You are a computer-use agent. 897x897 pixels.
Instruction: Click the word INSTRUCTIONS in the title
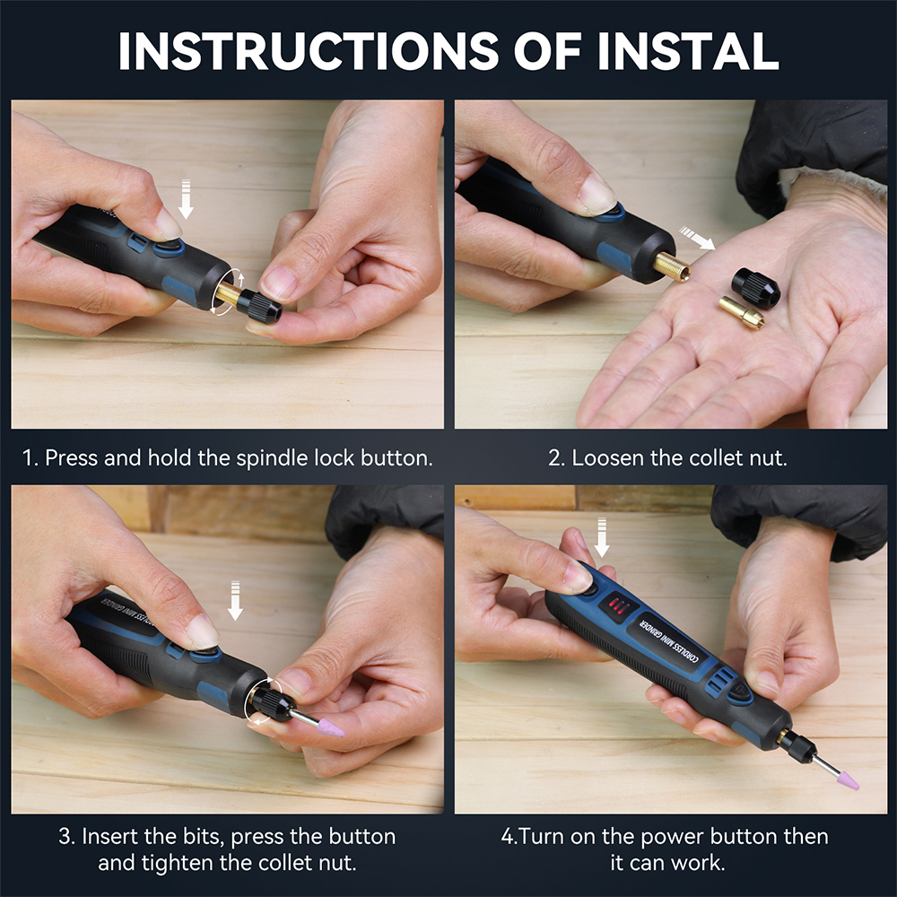point(309,51)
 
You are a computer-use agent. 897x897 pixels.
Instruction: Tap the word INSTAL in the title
point(688,51)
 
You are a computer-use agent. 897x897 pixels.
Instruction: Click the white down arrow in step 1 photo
point(186,198)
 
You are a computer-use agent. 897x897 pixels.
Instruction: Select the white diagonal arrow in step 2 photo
point(697,238)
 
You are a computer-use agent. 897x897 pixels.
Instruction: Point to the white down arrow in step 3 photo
point(235,600)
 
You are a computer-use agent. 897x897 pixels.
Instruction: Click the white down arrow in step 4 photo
point(601,537)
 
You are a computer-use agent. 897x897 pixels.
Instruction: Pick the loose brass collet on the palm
point(742,312)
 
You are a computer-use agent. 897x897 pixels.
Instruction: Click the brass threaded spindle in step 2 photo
point(672,266)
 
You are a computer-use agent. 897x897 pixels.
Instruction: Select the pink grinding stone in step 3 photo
point(330,727)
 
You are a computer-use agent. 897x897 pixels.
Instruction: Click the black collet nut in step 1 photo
point(259,306)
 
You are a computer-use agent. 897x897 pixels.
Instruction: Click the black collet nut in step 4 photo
point(797,747)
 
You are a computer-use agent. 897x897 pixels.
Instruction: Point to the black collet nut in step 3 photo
point(274,704)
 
